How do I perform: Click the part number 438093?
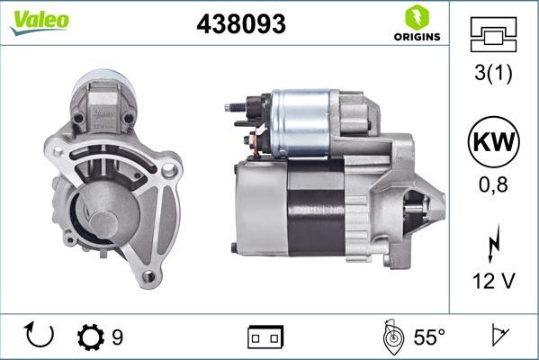point(241,25)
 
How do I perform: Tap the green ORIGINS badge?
point(417,24)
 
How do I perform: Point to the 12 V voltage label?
point(493,283)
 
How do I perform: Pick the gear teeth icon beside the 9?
point(91,337)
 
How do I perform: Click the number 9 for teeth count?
point(117,337)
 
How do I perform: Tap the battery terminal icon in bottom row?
point(265,337)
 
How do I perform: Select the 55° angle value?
point(429,337)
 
